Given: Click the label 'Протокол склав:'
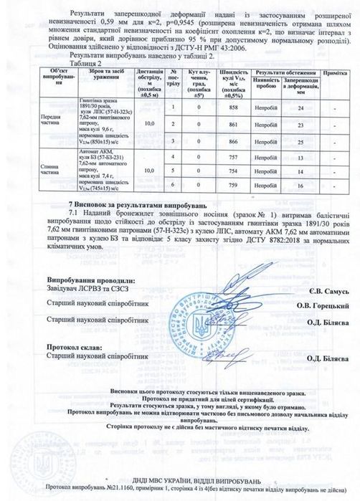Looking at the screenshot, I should [x=72, y=346].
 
